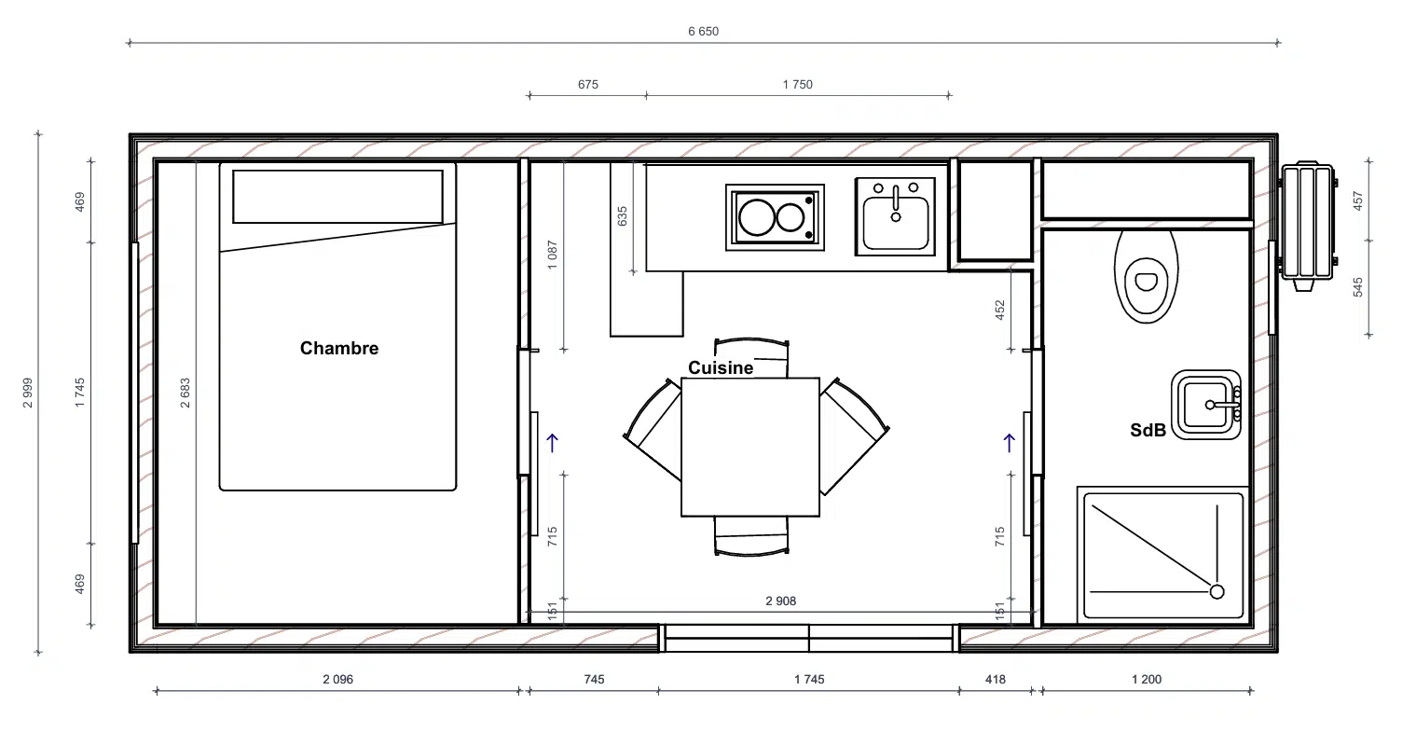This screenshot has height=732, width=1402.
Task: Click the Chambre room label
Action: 339,348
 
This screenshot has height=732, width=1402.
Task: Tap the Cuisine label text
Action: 721,367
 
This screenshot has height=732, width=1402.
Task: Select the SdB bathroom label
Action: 1148,430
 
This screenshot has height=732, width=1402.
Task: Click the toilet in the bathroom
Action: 1146,276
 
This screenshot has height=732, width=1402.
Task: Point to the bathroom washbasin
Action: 1206,405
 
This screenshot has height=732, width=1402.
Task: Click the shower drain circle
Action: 1216,592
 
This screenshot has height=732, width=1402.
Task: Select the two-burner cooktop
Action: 775,217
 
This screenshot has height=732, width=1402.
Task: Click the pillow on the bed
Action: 338,196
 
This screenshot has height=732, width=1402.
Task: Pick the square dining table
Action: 750,447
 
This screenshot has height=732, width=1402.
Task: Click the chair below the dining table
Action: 751,536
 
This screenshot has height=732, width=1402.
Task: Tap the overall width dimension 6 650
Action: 704,32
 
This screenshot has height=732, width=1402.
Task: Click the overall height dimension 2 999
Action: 28,393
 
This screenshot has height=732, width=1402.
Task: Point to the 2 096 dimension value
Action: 338,680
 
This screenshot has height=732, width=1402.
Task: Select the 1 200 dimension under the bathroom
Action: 1147,680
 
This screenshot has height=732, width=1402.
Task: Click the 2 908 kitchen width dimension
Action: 781,601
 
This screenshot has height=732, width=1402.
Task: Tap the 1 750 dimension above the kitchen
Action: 797,85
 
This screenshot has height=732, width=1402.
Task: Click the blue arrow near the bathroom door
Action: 1009,443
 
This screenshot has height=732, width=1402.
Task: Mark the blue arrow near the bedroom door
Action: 552,443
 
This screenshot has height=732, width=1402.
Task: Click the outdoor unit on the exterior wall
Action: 1308,226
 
